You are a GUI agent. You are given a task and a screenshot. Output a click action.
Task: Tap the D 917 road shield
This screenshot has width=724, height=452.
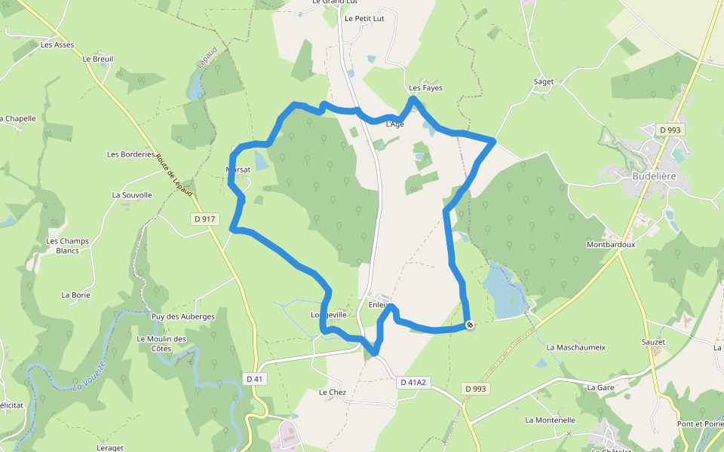204,219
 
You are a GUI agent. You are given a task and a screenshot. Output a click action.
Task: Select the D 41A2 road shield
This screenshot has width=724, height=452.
413,383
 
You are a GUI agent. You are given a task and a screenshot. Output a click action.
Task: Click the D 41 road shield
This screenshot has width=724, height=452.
254,379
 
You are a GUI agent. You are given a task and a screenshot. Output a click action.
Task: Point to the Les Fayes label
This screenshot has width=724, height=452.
425,88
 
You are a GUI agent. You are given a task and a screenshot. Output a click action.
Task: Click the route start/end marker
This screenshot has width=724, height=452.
470,325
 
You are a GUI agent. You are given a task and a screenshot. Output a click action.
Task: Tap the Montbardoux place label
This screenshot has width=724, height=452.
611,244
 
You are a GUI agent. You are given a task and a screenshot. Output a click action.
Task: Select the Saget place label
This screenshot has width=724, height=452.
543,81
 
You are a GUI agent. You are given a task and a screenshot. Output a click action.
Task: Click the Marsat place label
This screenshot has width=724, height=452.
238,169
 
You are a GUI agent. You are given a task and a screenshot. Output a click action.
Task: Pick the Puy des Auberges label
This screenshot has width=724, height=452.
183,316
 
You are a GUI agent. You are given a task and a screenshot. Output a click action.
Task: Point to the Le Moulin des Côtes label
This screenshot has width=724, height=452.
161,344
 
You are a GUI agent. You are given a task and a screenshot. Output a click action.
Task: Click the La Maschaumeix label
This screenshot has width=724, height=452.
576,347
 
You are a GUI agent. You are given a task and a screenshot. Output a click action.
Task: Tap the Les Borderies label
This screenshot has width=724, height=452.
131,154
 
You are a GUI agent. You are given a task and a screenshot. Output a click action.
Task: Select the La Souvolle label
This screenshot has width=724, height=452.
132,194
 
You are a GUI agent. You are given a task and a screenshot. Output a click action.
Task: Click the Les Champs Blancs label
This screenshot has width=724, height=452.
68,246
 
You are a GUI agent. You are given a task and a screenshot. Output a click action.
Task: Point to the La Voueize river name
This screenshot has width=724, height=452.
88,376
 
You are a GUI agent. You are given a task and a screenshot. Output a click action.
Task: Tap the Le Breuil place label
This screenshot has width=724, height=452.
97,58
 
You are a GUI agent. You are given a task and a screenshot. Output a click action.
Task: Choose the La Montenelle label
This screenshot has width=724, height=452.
551,420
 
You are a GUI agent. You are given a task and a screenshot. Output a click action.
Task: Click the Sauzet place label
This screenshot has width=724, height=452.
652,341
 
